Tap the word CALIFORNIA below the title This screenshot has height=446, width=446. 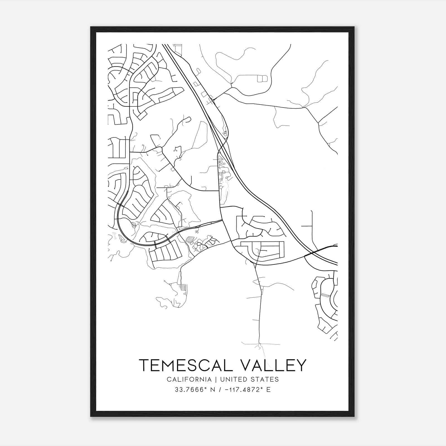pyautogui.click(x=189, y=379)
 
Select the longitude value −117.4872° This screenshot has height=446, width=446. pyautogui.click(x=243, y=390)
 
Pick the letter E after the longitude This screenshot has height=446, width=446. pyautogui.click(x=268, y=390)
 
